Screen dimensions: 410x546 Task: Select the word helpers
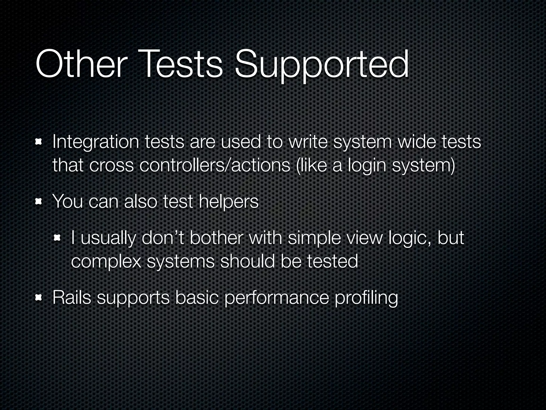pos(228,202)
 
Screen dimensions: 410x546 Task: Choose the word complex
pos(106,262)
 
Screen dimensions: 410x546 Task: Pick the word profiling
pos(366,298)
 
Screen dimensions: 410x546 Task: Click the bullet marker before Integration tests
pos(39,143)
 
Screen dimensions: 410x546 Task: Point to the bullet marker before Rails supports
pos(39,297)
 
